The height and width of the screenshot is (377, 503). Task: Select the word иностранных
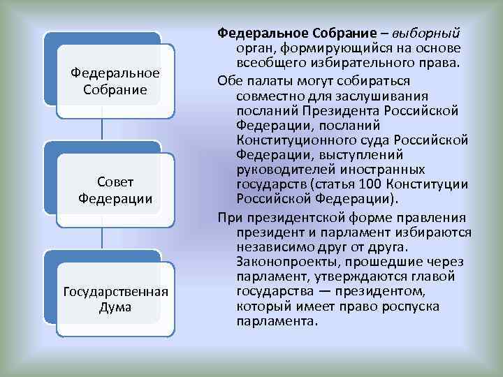[x=400, y=169]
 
